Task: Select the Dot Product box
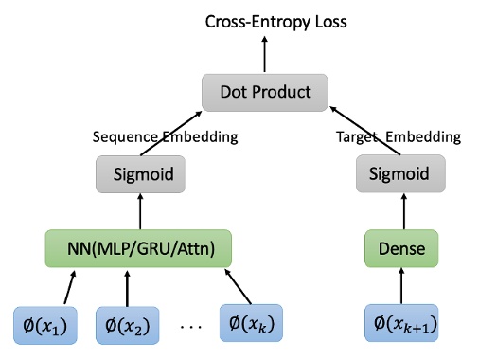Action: [x=265, y=92]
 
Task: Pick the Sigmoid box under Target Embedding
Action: [x=399, y=173]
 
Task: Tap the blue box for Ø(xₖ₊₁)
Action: [x=399, y=325]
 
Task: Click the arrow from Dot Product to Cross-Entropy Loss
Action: [x=265, y=55]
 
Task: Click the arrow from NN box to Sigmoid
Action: [x=138, y=210]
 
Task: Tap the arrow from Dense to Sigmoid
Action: [x=399, y=210]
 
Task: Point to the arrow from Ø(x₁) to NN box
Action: [x=68, y=285]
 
